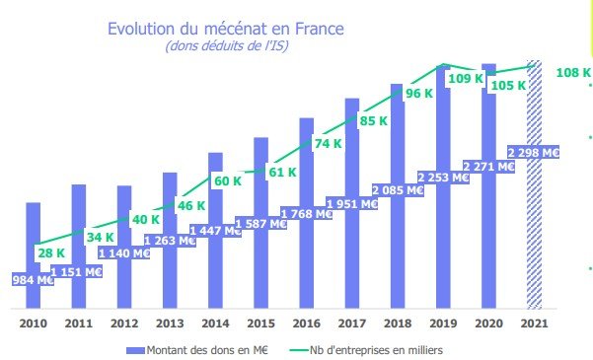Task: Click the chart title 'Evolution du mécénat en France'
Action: pos(225,30)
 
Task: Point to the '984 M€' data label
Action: pos(32,280)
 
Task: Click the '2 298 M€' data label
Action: pos(534,153)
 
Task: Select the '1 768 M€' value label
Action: pos(306,214)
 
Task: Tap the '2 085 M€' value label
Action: pos(398,189)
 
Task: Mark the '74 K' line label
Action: pos(329,144)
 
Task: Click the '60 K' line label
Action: pos(228,180)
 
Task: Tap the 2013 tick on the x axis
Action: pos(170,322)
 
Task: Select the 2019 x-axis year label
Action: pos(443,322)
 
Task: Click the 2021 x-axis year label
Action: pos(534,322)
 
